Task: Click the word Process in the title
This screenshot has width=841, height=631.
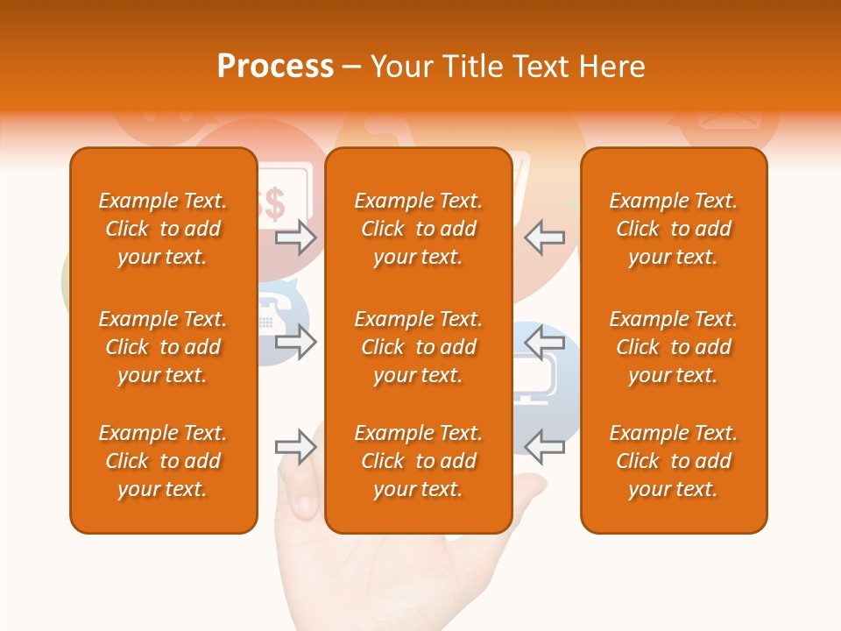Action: (275, 67)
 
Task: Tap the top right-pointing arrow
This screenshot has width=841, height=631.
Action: (295, 238)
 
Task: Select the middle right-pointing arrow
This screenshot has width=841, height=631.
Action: (295, 342)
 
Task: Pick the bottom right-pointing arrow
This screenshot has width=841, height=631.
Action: (295, 447)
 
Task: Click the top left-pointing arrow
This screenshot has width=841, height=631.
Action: (545, 238)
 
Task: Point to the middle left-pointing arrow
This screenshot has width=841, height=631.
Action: (545, 342)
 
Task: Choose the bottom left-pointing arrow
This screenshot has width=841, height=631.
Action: (545, 447)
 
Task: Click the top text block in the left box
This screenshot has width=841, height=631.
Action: (163, 229)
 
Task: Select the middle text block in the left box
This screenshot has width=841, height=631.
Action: (163, 347)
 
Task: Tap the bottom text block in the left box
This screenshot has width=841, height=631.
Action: (163, 461)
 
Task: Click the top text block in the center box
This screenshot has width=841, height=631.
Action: (418, 229)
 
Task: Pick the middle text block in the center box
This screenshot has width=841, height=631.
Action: (418, 347)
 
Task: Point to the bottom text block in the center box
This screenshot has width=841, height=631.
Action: (418, 461)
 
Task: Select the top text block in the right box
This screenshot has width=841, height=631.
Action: (673, 229)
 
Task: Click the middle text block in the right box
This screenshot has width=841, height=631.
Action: (673, 347)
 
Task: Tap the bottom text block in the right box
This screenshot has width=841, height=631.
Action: (673, 461)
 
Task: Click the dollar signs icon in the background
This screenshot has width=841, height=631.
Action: (274, 203)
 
